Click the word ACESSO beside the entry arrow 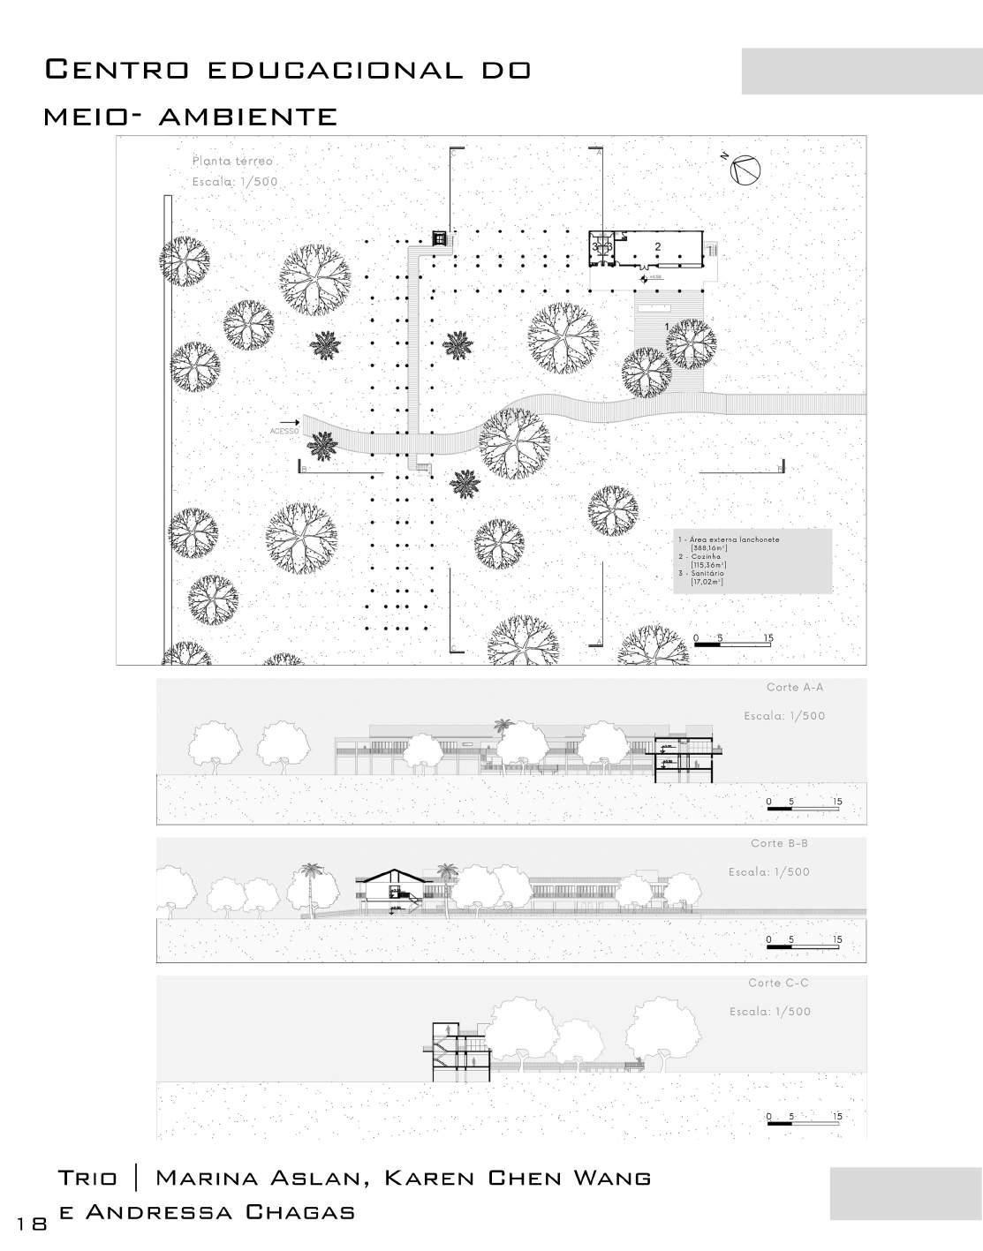pyautogui.click(x=285, y=432)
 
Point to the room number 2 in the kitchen pyautogui.click(x=658, y=245)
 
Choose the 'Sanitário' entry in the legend pyautogui.click(x=703, y=574)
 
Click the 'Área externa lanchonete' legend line pyautogui.click(x=729, y=539)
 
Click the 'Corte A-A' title pyautogui.click(x=795, y=687)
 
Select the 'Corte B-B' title pyautogui.click(x=779, y=843)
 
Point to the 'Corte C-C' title pyautogui.click(x=778, y=983)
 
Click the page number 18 pyautogui.click(x=32, y=1222)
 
